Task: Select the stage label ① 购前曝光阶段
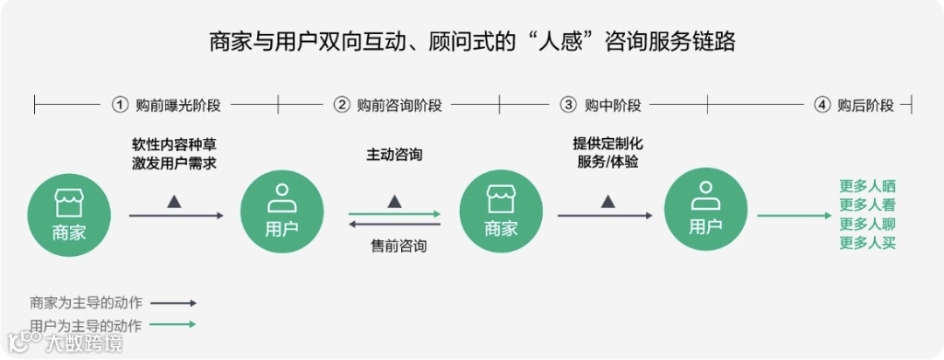pyautogui.click(x=166, y=106)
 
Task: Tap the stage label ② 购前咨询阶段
pyautogui.click(x=388, y=106)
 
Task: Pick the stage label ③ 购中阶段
pyautogui.click(x=600, y=106)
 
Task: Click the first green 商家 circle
pyautogui.click(x=69, y=214)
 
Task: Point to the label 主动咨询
pyautogui.click(x=394, y=155)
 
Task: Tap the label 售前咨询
pyautogui.click(x=399, y=246)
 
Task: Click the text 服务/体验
pyautogui.click(x=607, y=162)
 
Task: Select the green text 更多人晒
pyautogui.click(x=867, y=186)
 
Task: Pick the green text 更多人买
pyautogui.click(x=867, y=243)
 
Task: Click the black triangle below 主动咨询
pyautogui.click(x=394, y=201)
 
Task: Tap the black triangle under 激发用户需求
pyautogui.click(x=174, y=201)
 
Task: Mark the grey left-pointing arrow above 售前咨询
pyautogui.click(x=394, y=225)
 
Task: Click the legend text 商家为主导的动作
pyautogui.click(x=86, y=303)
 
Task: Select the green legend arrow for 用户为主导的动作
pyautogui.click(x=173, y=324)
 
